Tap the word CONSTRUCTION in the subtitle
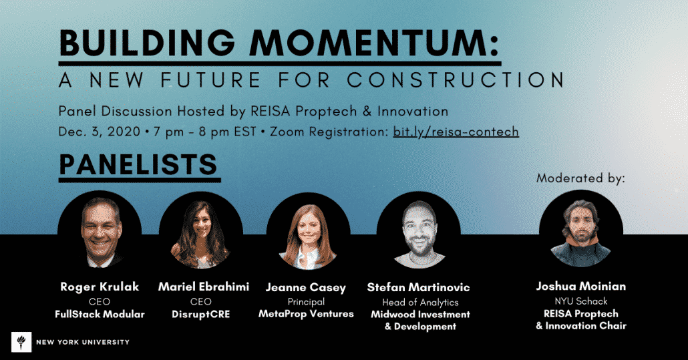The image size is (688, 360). coord(456,80)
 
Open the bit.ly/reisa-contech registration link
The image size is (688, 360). coord(456,132)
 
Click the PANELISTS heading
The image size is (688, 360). coord(138,164)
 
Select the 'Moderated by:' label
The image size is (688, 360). coord(580,178)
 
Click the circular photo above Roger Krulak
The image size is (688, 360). coord(100,232)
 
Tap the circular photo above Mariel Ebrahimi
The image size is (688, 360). coord(201,232)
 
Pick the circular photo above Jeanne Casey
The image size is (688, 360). coord(309,232)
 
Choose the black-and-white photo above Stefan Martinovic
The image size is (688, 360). coord(419,232)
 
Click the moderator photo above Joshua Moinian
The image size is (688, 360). coord(581,231)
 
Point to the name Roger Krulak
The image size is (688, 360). coord(100,287)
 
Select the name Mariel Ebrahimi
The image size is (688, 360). coord(204,287)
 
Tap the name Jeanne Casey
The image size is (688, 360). coord(306,288)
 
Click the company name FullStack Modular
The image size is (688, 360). coord(100,314)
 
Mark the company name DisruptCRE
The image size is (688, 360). coord(201,315)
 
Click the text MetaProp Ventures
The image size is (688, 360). coord(307,314)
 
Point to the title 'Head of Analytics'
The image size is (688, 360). coord(420,302)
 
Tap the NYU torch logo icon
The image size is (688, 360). coord(21,342)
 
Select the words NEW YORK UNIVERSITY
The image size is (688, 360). coord(83,342)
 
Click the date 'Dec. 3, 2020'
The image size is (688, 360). coord(100,132)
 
